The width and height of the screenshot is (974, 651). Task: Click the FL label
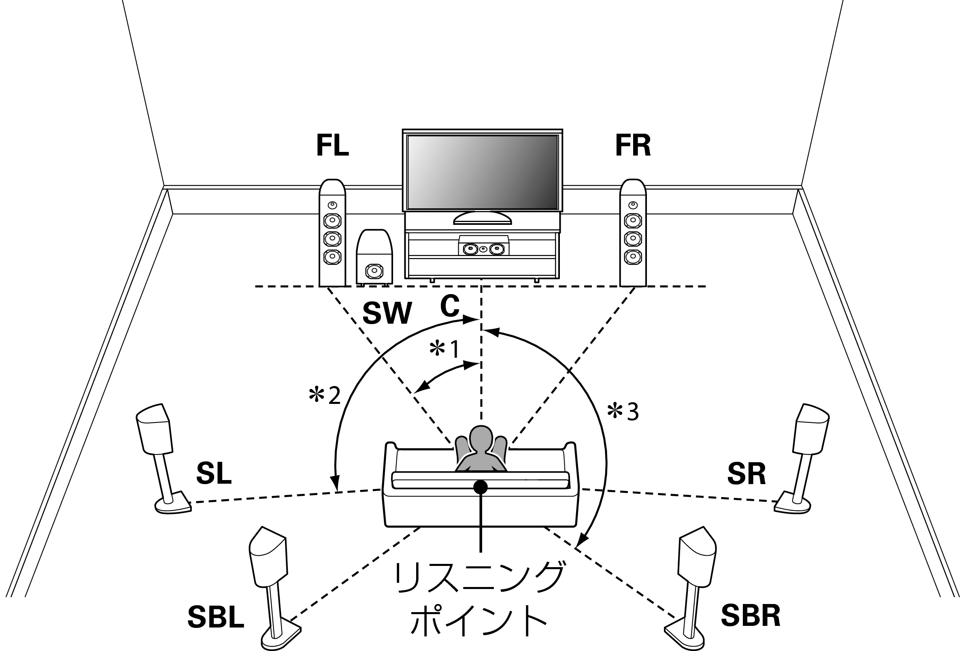(332, 146)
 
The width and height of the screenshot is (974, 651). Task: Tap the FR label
(633, 146)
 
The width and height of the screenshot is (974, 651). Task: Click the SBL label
(216, 617)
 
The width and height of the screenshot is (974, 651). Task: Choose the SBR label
(751, 615)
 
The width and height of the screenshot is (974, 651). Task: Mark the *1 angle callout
(444, 349)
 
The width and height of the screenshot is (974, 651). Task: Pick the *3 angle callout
(623, 412)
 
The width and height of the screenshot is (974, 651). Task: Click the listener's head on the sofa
(481, 438)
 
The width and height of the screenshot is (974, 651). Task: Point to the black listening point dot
(481, 487)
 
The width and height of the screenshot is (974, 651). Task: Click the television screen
(483, 172)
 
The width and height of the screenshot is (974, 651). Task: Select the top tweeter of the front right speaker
(633, 205)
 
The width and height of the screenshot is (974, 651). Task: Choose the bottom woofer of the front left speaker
(332, 257)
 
